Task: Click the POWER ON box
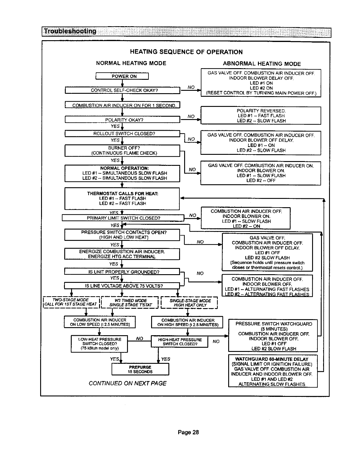(122, 76)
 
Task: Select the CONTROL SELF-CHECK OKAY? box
(122, 90)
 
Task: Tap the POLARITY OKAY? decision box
(122, 120)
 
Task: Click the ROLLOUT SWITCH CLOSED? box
(122, 134)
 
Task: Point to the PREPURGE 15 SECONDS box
(140, 369)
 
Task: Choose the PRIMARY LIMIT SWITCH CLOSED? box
(123, 218)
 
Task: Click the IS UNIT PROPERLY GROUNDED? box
(122, 272)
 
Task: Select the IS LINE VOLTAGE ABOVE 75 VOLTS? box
(122, 286)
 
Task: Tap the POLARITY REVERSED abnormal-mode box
(261, 116)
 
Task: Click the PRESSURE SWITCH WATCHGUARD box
(273, 336)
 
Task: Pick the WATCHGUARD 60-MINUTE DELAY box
(273, 371)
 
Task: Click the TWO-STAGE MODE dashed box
(71, 302)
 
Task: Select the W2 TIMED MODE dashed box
(130, 302)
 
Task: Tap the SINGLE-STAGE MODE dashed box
(189, 302)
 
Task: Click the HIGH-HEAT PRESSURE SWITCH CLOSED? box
(179, 341)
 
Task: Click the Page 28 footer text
(188, 432)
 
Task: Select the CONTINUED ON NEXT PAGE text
(127, 383)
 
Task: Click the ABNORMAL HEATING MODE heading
(262, 64)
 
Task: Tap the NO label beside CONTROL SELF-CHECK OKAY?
(191, 87)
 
